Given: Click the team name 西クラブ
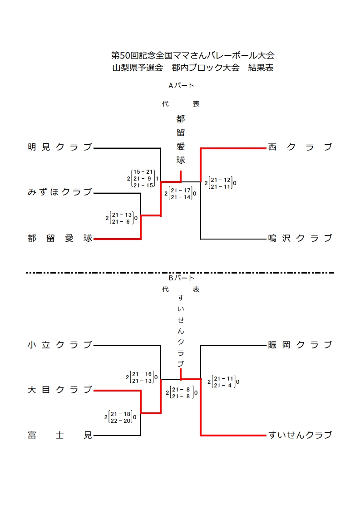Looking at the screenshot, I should tap(300, 147).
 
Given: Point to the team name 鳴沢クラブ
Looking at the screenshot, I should tap(300, 238).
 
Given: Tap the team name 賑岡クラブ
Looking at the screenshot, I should tap(300, 345).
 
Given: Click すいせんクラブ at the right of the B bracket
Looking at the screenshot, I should tap(300, 436).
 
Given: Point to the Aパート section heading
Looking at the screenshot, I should tap(181, 85).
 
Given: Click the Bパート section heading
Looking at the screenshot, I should tap(181, 278).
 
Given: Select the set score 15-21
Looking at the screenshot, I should tap(143, 172).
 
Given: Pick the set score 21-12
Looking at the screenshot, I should tap(221, 180).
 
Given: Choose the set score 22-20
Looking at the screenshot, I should tap(121, 421).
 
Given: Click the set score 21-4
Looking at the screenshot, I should tap(223, 385).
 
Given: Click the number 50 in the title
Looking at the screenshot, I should tap(124, 56).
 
